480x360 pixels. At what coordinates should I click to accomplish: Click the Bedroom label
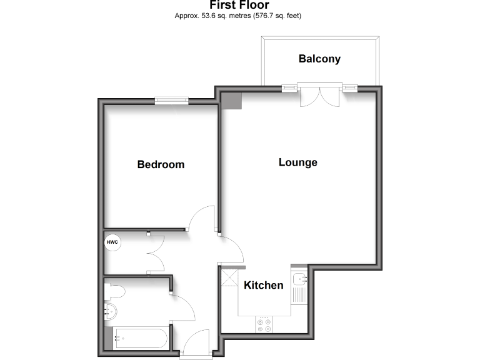coord(161,165)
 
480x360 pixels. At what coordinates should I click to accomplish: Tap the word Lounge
coord(297,162)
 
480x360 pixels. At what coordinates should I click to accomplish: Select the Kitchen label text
coord(263,286)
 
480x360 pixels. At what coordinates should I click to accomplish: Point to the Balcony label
coord(319,59)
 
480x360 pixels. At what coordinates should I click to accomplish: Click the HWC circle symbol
coord(112,242)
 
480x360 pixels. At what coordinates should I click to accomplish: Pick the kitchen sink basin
coord(299,279)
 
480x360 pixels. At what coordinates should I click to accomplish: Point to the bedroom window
coord(171,99)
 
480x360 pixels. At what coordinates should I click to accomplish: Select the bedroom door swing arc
coord(201,219)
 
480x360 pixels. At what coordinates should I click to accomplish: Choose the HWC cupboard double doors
coord(153,253)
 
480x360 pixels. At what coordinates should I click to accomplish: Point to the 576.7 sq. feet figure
coord(281,16)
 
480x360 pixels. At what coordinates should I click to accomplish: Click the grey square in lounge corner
coord(232,101)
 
